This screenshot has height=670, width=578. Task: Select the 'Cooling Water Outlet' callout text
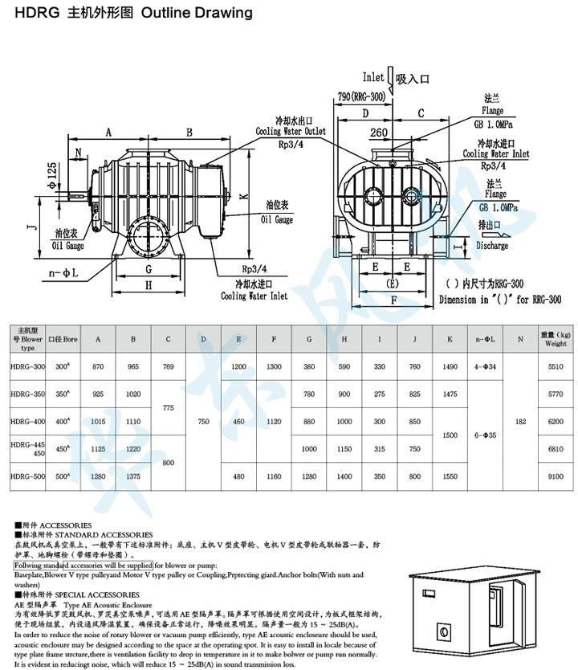point(291,131)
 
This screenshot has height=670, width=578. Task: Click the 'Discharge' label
point(491,246)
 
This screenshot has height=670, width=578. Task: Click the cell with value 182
point(520,420)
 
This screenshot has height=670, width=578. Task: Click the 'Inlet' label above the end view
point(373,78)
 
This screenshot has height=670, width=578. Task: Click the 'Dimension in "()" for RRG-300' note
point(500,298)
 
